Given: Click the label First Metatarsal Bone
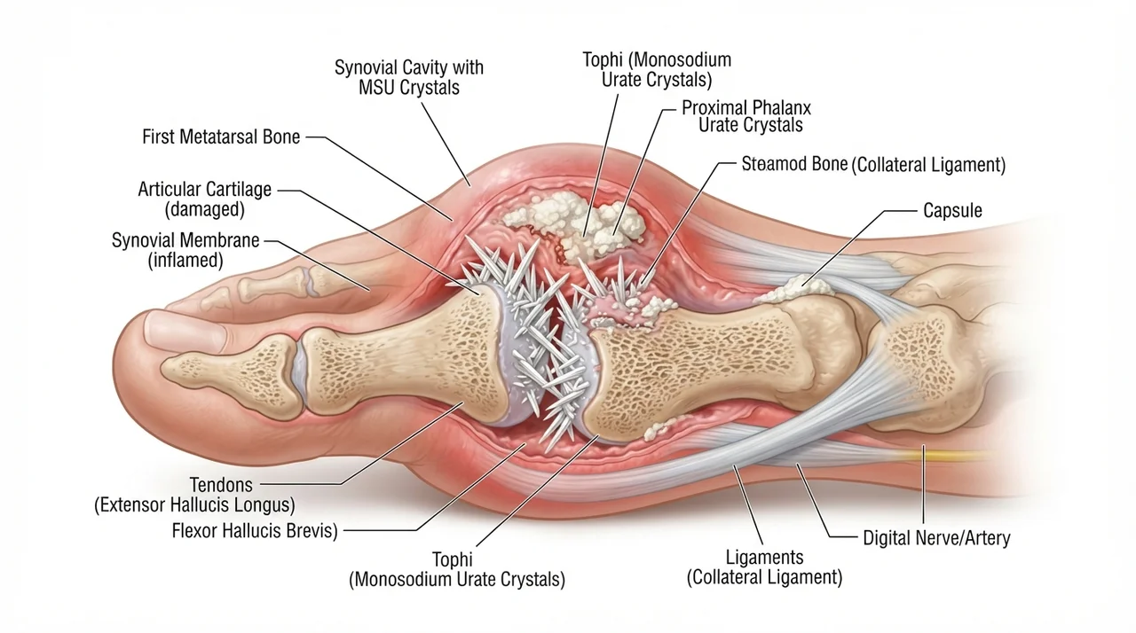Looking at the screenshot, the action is (221, 137).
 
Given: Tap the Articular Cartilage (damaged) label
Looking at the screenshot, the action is (205, 199).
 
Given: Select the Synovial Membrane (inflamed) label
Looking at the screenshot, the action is (185, 250).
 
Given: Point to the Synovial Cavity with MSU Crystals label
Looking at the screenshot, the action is (409, 77).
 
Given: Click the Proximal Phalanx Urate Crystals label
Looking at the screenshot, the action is (746, 116).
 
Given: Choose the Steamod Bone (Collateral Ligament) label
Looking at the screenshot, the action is (873, 164).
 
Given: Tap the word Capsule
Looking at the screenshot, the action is (952, 210).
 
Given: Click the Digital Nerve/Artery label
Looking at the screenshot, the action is (936, 538).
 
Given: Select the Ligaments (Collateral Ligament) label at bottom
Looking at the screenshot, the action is (764, 567).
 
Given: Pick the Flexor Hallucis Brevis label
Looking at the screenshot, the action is (255, 531).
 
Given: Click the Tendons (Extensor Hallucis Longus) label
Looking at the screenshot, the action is (194, 495).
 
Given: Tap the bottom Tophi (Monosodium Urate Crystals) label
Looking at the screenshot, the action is (457, 569).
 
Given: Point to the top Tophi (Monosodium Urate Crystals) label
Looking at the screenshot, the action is (657, 69).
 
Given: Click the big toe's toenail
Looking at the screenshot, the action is (185, 330).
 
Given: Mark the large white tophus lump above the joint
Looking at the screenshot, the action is (578, 222).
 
